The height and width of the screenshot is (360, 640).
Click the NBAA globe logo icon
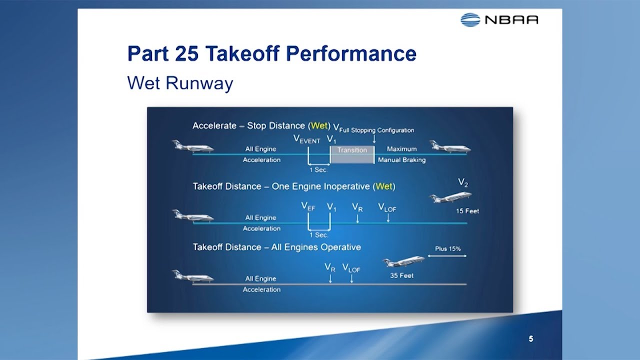(470, 19)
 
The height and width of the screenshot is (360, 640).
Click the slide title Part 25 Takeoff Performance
(271, 53)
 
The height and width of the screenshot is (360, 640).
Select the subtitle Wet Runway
(180, 83)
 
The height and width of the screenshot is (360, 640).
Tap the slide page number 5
(531, 339)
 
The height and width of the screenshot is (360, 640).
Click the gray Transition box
(352, 154)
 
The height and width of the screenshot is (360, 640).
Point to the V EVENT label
(306, 139)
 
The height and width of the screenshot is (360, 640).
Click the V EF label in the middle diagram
(308, 206)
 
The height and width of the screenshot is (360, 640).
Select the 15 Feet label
(467, 211)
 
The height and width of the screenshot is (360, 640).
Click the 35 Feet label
(401, 275)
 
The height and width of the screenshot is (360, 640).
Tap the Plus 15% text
(447, 248)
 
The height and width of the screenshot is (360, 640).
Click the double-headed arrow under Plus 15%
(447, 256)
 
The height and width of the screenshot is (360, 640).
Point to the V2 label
(463, 183)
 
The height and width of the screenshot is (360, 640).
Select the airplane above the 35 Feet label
(403, 261)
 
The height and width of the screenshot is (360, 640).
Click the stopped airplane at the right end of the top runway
(450, 147)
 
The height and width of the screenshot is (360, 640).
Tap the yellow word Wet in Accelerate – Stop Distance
(318, 125)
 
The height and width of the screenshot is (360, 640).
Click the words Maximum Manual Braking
(401, 154)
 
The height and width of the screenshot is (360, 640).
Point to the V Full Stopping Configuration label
(373, 129)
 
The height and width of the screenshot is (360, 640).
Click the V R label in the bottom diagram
(330, 268)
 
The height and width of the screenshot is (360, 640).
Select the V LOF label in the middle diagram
(387, 207)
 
